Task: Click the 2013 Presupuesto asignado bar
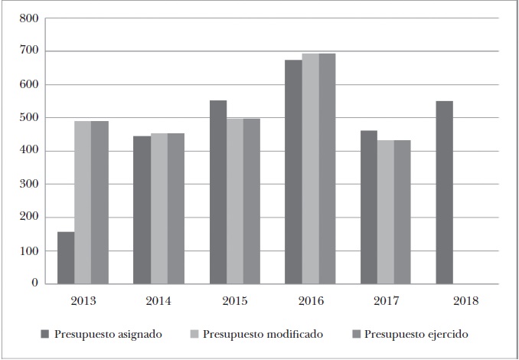tap(66, 257)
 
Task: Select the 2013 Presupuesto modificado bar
tap(83, 202)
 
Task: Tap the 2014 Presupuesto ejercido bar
tap(176, 208)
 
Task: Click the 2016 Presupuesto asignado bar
tap(293, 172)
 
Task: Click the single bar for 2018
tap(445, 192)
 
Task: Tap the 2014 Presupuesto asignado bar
tap(142, 210)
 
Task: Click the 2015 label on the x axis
tap(235, 301)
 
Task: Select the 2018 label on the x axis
tap(465, 301)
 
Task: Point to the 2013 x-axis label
tap(83, 301)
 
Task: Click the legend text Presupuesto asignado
tap(108, 334)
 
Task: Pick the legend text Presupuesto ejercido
tap(416, 334)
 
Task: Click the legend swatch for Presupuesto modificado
tap(195, 334)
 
